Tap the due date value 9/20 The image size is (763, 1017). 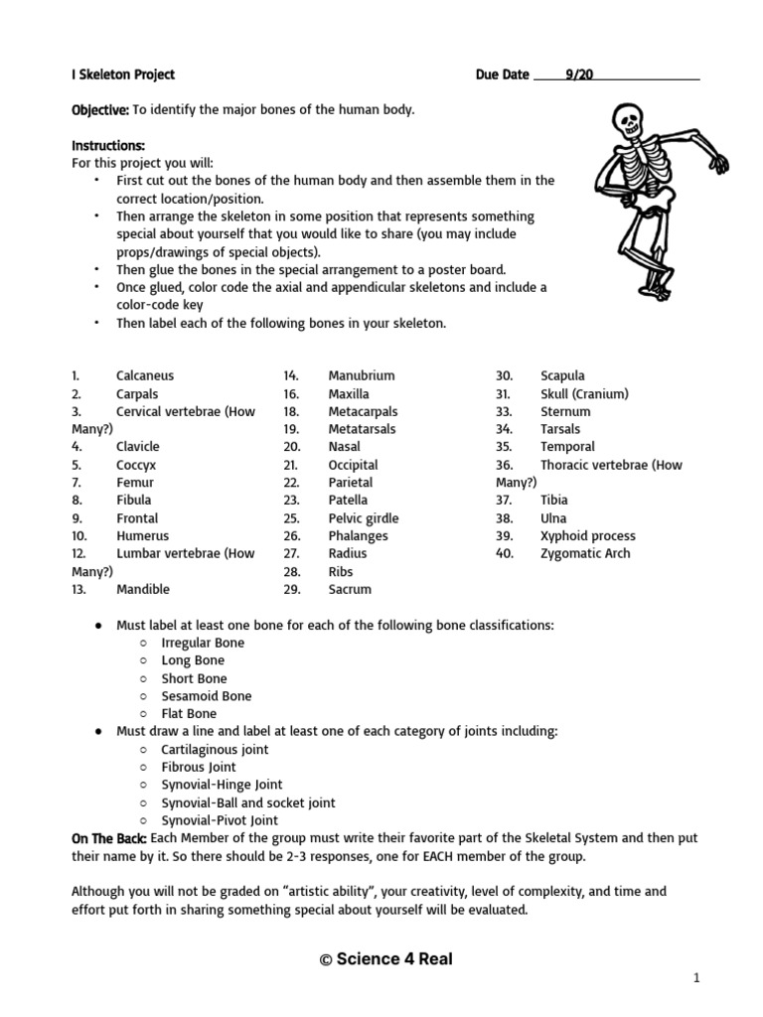point(579,74)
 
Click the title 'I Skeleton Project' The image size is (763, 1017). point(123,74)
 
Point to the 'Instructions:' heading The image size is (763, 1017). point(108,145)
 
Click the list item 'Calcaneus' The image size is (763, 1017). point(145,375)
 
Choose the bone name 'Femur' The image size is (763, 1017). point(135,482)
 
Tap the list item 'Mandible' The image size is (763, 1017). point(143,589)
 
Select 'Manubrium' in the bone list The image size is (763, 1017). point(362,375)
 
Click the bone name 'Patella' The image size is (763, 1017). point(348,500)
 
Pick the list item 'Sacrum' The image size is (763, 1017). point(350,589)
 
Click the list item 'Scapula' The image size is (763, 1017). point(562,375)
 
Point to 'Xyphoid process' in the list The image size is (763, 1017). point(587,535)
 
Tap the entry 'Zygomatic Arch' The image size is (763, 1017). point(585,553)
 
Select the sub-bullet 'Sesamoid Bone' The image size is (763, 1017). point(207,696)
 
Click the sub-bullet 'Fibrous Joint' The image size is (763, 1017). point(199,767)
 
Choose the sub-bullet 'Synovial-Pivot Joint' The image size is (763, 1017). point(220,820)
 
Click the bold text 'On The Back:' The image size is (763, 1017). point(109,838)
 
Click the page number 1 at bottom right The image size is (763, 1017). point(696,978)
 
